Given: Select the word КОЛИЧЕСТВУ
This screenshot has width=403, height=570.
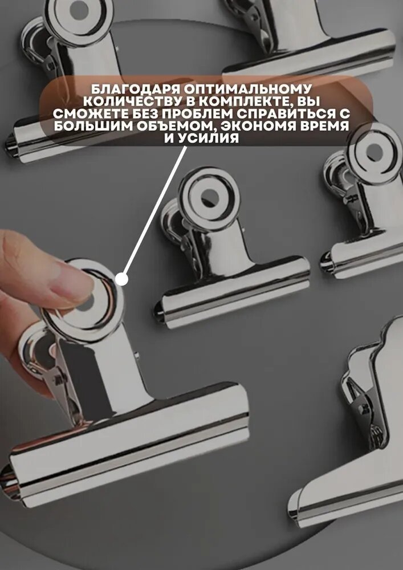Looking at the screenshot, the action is click(133, 101).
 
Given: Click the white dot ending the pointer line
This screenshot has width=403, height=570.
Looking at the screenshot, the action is click(122, 279).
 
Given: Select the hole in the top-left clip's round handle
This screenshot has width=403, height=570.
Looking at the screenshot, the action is click(79, 10).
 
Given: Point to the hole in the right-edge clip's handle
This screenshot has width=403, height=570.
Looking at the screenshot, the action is click(374, 152).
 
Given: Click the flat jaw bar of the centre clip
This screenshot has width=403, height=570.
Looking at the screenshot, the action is click(233, 292).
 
